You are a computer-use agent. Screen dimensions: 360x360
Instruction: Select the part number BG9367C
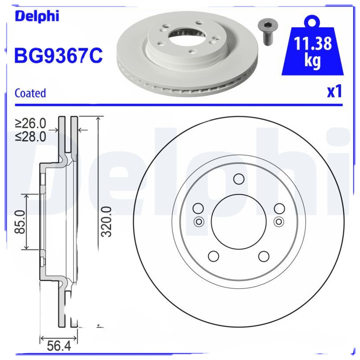(59, 56)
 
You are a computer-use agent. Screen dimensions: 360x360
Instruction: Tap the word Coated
(30, 93)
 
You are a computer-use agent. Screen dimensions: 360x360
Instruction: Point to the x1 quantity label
(334, 91)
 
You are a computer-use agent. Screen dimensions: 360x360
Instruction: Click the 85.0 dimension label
(20, 222)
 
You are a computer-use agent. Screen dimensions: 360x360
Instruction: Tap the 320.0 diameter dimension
(106, 222)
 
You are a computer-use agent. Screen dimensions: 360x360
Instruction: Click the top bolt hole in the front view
(239, 180)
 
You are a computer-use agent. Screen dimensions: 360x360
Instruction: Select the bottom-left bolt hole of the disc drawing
(214, 256)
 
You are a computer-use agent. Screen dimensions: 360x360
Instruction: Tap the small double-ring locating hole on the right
(279, 221)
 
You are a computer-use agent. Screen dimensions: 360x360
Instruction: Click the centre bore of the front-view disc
(239, 221)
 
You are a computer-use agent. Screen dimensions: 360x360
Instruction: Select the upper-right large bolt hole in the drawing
(279, 208)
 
